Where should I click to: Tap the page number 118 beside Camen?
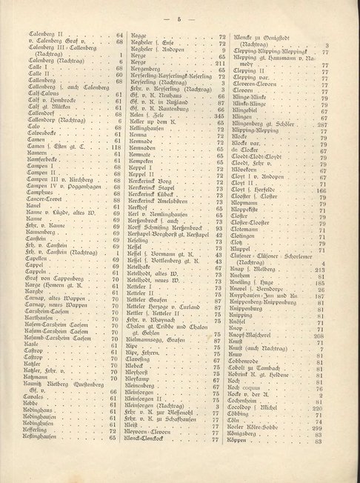116,149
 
